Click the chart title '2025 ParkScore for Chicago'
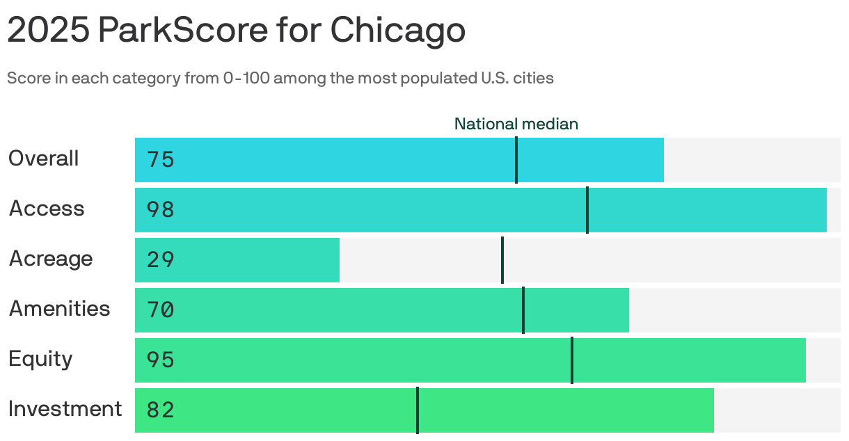pos(236,30)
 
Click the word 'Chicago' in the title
pos(397,30)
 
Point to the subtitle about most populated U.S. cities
pos(280,78)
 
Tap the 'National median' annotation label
pos(516,124)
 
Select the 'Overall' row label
pos(44,159)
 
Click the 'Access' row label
pos(47,209)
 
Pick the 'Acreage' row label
pos(51,259)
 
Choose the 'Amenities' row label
pos(60,309)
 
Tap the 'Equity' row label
pos(40,359)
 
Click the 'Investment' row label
pos(65,409)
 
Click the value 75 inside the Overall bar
pos(161,160)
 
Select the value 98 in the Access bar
pos(161,210)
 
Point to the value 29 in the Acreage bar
pos(161,260)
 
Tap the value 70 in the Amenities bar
pos(161,310)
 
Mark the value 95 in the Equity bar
pos(161,360)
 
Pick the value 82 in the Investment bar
pos(161,410)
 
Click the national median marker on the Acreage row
pos(502,260)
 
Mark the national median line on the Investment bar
pos(418,410)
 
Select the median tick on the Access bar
pos(587,210)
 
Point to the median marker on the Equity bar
pos(572,360)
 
